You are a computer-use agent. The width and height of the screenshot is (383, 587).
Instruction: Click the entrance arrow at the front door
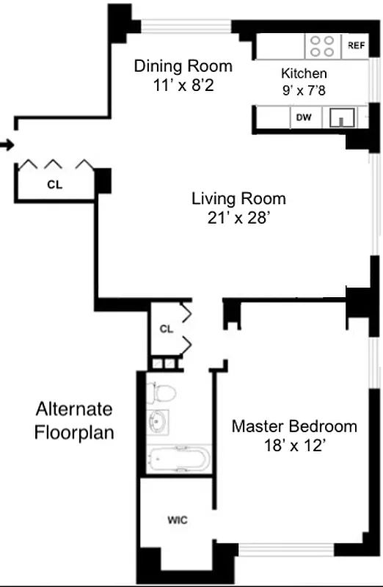point(7,145)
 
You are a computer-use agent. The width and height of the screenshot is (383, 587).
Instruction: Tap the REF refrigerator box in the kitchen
point(356,45)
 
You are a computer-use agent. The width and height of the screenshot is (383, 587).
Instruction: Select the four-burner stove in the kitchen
point(323,45)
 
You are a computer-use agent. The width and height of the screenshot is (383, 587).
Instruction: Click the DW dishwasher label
point(302,117)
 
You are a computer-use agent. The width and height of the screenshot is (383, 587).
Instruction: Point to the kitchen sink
point(342,117)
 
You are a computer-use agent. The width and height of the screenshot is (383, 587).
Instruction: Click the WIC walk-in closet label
point(178,520)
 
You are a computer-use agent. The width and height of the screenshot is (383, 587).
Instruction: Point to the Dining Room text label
point(183,66)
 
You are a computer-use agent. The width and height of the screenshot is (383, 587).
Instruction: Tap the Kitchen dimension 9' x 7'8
point(304,91)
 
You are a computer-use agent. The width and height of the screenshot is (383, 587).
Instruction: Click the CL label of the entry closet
point(54,185)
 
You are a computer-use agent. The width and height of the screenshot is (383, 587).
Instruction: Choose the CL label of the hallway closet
point(166,329)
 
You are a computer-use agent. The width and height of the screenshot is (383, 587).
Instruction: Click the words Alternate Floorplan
point(74,420)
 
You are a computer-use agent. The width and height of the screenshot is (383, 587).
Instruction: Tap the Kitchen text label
point(304,74)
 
